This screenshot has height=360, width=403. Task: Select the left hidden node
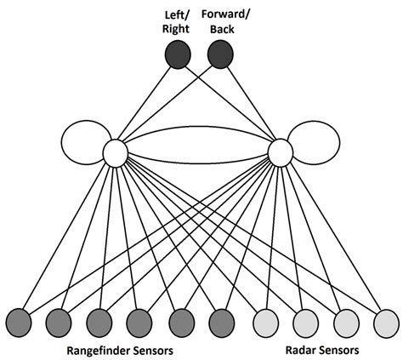(115, 153)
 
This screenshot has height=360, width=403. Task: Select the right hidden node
(281, 153)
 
